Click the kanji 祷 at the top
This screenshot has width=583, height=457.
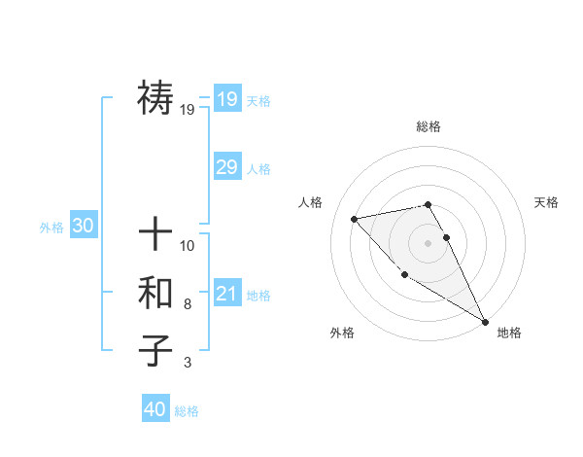click(155, 97)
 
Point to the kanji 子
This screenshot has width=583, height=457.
click(155, 350)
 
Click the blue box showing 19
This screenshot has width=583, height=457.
click(226, 98)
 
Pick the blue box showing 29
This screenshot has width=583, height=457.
click(226, 167)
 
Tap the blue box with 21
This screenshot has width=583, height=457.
click(226, 294)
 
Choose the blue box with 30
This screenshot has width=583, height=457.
click(83, 226)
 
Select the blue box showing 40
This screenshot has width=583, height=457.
click(155, 409)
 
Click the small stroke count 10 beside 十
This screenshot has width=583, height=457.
click(188, 245)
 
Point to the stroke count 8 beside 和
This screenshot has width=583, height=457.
click(188, 304)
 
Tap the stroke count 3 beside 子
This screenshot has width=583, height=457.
click(188, 363)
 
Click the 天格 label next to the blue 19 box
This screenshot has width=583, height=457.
click(258, 101)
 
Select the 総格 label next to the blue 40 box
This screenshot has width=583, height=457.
click(187, 411)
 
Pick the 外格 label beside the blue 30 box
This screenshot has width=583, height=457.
click(51, 228)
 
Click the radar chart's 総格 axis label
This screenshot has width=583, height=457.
click(428, 126)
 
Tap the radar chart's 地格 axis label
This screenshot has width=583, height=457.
click(509, 333)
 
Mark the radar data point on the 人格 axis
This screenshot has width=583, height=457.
click(355, 219)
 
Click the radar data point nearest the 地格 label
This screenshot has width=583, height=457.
click(485, 321)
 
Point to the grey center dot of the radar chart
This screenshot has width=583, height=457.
click(428, 242)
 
